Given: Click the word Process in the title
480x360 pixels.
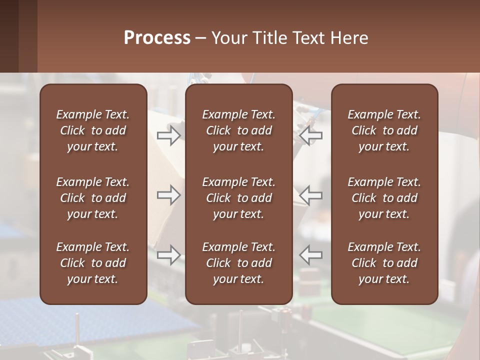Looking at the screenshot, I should coord(157,38).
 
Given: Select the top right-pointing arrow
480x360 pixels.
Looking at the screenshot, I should coord(168,135).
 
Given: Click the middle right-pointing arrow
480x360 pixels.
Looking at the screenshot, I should coord(168,195).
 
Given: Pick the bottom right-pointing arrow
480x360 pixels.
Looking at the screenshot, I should coord(168,255).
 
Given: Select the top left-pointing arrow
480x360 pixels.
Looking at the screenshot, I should coord(311,135).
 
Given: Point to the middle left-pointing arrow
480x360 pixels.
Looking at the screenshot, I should coord(311,195).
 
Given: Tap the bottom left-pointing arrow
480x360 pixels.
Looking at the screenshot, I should coord(311,255).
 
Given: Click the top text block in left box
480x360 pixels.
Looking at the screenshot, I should coord(93,130).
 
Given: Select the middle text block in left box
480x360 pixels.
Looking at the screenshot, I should coord(93,198).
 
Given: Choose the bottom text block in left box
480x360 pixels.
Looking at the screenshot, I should coord(93,263).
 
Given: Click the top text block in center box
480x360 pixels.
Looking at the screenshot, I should coord(239,130).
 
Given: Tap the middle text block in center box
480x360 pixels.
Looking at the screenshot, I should coord(239,198).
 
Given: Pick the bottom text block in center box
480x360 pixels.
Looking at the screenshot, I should coord(239,263).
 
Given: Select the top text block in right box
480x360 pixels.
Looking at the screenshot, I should coord(384,130).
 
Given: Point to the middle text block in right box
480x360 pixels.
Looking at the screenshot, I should coord(384,198).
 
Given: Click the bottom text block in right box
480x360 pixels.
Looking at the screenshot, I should coord(384,263).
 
